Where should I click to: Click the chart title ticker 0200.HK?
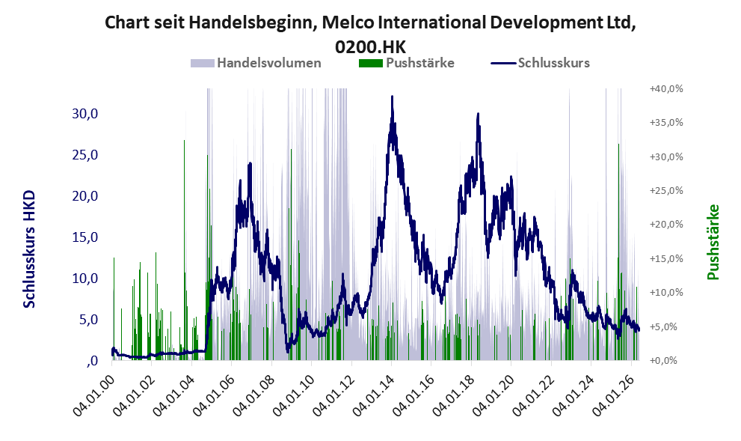pos(370,46)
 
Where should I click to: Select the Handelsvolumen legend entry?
pos(256,63)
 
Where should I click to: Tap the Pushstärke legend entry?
pos(407,63)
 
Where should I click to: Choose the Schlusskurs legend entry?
pos(540,63)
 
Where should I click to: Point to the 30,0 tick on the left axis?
pos(85,114)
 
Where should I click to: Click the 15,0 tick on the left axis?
pos(85,237)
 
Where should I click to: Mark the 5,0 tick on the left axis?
pos(88,320)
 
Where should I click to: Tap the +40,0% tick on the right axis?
pos(666,88)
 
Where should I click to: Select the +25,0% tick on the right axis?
pos(666,190)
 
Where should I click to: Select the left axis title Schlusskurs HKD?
pos(29,249)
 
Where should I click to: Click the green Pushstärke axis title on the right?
pos(713,242)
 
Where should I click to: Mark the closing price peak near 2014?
pos(392,97)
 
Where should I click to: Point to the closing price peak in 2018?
pos(478,114)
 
